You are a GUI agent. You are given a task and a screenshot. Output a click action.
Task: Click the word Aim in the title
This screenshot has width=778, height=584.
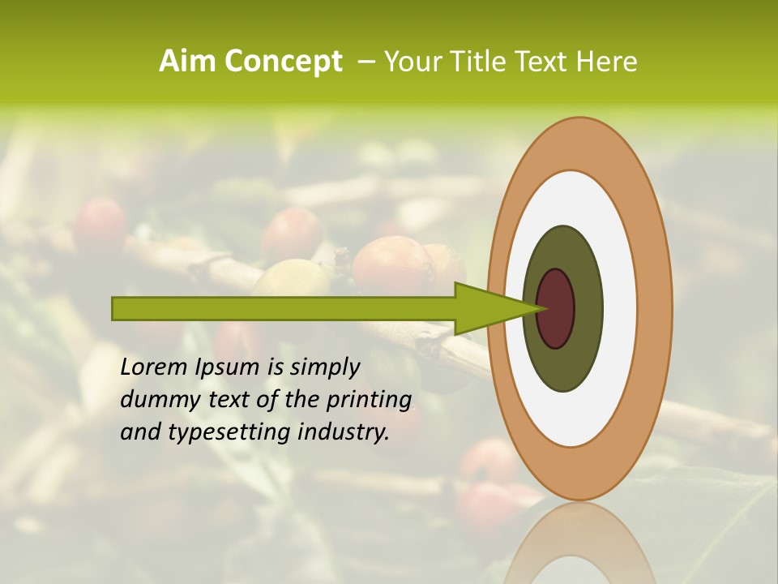tap(188, 62)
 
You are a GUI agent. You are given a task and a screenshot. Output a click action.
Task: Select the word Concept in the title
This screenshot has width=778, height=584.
tap(282, 62)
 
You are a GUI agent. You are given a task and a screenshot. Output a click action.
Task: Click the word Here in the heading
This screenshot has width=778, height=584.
tap(608, 62)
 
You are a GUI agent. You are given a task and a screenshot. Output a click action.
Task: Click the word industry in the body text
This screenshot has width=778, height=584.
tap(344, 432)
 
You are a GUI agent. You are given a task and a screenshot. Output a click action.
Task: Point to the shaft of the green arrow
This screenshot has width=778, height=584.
tap(284, 308)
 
